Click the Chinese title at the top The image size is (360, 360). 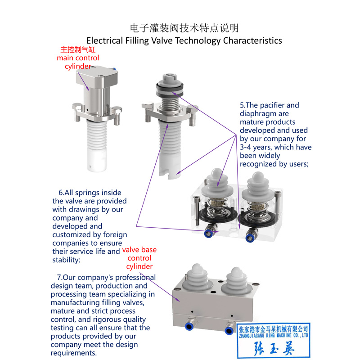[x=184, y=28]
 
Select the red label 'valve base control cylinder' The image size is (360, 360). [x=139, y=258]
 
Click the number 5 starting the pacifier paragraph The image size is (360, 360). [x=242, y=105]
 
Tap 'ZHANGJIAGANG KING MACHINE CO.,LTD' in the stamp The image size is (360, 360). [x=273, y=335]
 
